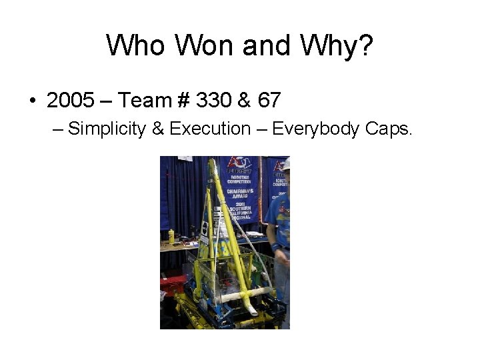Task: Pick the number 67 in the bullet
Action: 269,101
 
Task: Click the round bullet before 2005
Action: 32,101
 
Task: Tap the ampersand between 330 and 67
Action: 244,101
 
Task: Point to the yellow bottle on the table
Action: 171,236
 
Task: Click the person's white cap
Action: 286,164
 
